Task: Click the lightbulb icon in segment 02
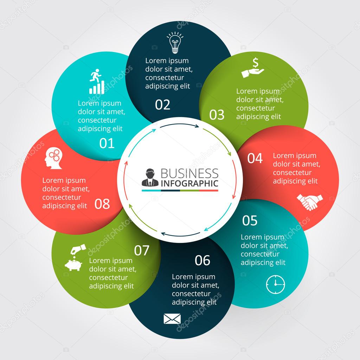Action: (175, 43)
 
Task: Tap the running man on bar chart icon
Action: (97, 82)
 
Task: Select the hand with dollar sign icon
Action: (253, 68)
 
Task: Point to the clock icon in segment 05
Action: (276, 284)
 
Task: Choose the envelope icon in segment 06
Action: (172, 319)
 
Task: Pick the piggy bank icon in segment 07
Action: (75, 258)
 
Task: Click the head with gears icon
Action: (53, 158)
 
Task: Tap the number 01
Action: (107, 143)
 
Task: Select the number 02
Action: (162, 105)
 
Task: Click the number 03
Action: (217, 115)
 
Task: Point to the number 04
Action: (255, 158)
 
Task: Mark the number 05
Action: (250, 220)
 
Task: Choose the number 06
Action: (202, 261)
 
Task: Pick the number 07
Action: (142, 250)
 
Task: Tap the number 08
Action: (102, 204)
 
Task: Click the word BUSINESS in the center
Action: (189, 173)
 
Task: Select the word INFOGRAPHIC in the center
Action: (189, 184)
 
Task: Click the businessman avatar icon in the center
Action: (150, 178)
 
